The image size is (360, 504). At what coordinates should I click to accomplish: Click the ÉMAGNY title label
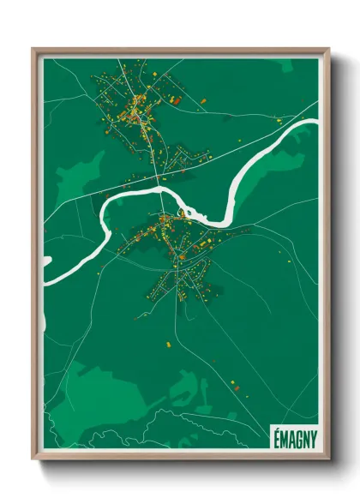pos(293,436)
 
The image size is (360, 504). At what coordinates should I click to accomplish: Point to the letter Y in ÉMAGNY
pos(312,436)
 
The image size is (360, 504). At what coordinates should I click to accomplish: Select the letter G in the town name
pos(297,436)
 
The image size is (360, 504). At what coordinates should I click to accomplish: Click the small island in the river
pos(184,212)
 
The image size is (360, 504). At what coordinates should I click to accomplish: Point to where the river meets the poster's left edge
pos(45,257)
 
